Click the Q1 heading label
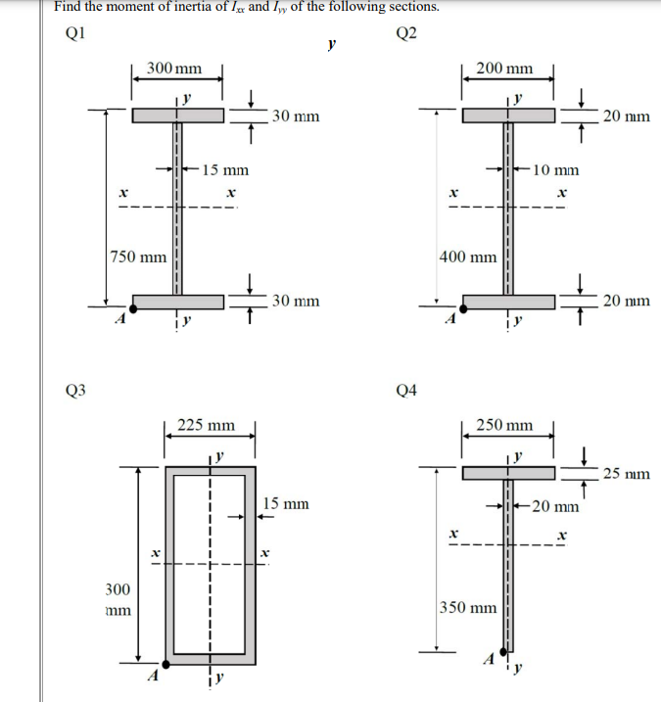coord(74,32)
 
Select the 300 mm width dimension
coord(174,69)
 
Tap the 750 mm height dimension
coord(137,257)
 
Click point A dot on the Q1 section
coord(133,308)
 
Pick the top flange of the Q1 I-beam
coord(178,116)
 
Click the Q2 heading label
coord(407,32)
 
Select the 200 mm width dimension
coord(504,69)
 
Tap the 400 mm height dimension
coord(468,257)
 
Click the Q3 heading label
coord(74,390)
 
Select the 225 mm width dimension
coord(207,426)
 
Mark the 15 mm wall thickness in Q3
coord(286,504)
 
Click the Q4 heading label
coord(407,390)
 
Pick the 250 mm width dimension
coord(504,426)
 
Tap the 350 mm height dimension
coord(468,607)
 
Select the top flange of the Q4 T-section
coord(509,473)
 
